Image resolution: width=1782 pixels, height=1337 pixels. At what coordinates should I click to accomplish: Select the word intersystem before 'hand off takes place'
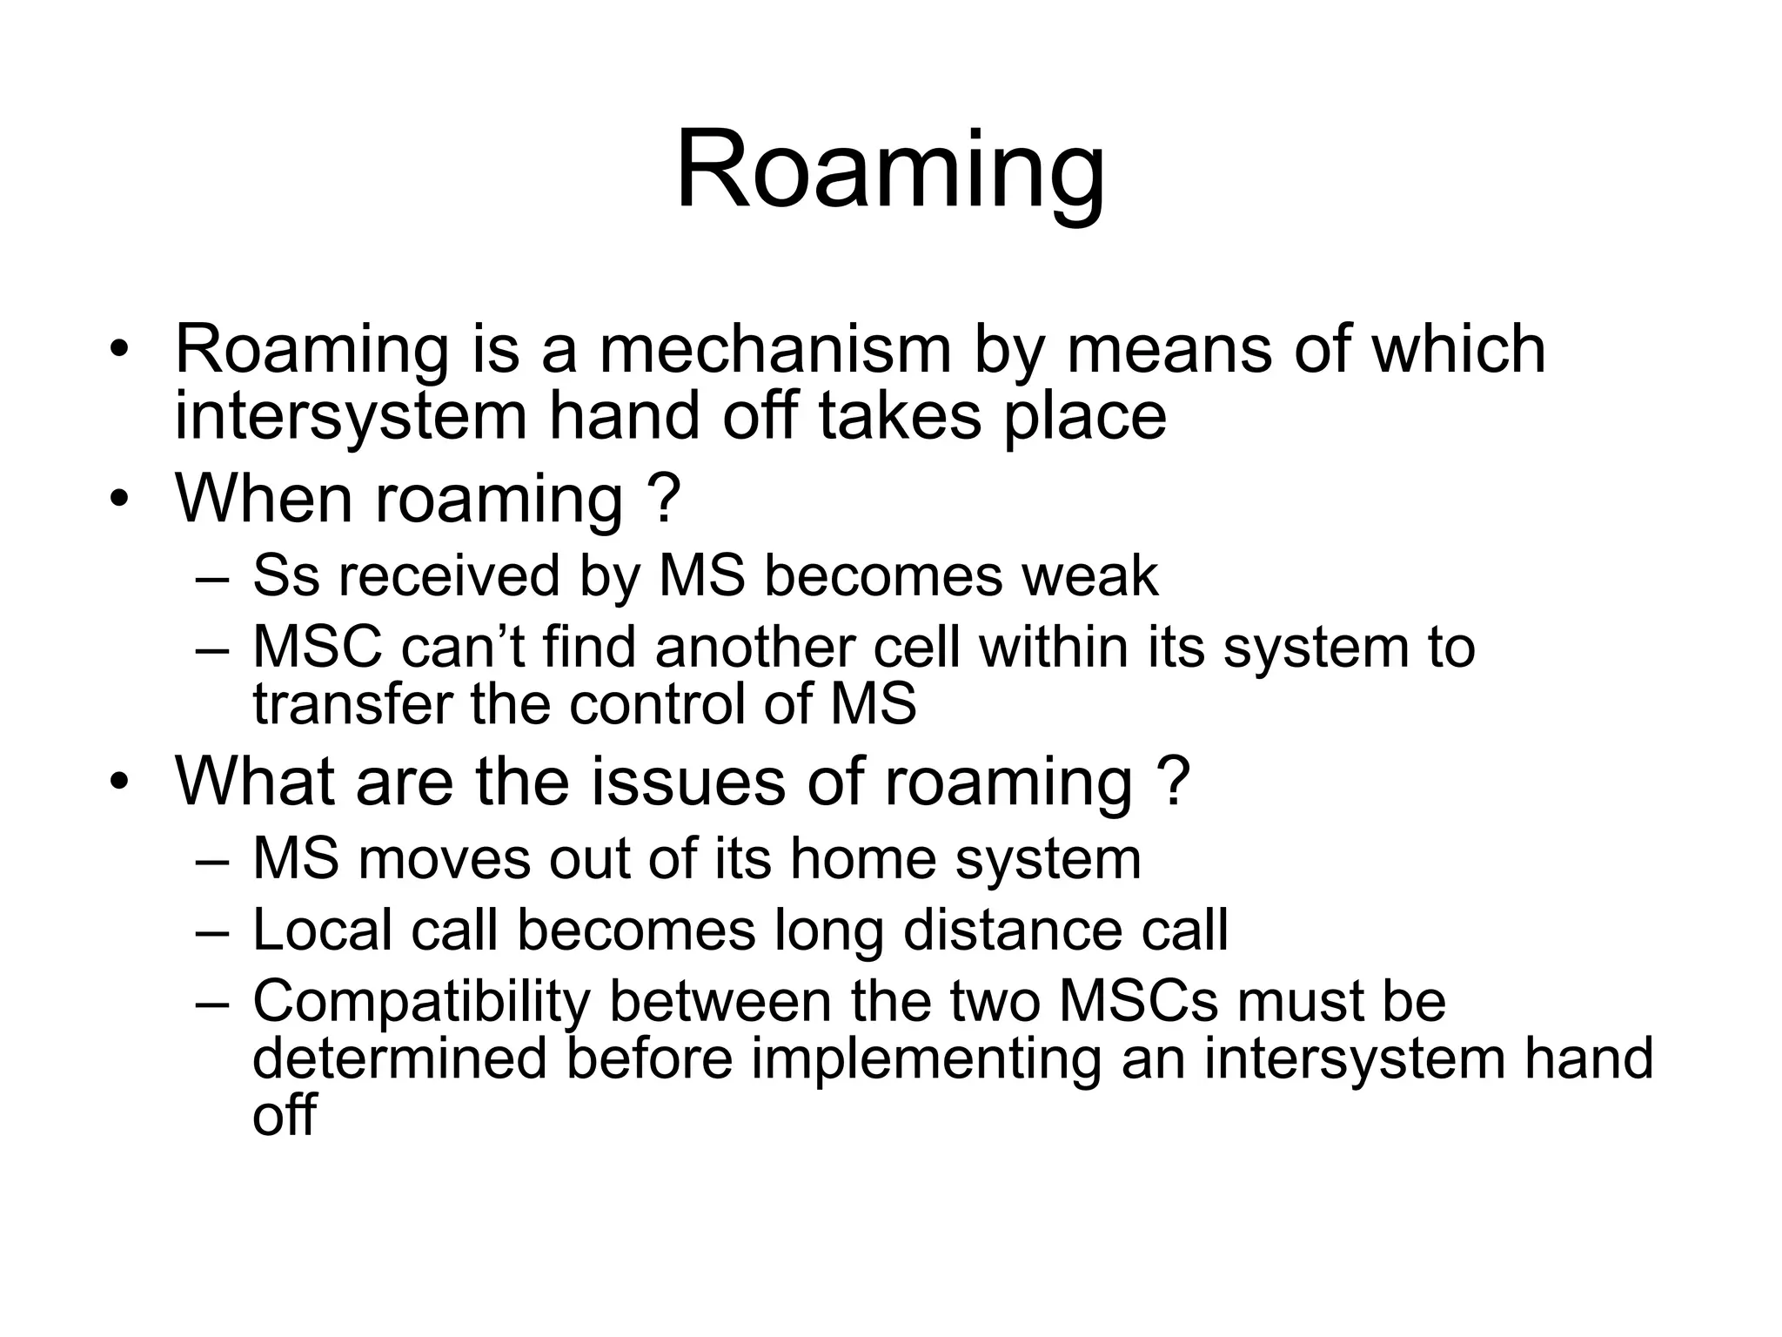[351, 417]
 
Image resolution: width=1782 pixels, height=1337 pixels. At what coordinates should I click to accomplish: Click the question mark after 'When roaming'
[665, 498]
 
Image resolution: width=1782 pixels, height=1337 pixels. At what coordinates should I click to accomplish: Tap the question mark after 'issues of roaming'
[1175, 782]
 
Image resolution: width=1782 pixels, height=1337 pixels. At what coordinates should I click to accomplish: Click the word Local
[322, 931]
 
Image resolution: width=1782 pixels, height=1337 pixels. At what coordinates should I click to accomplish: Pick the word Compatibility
[421, 1002]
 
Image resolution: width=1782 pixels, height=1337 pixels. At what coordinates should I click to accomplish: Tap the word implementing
[926, 1059]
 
